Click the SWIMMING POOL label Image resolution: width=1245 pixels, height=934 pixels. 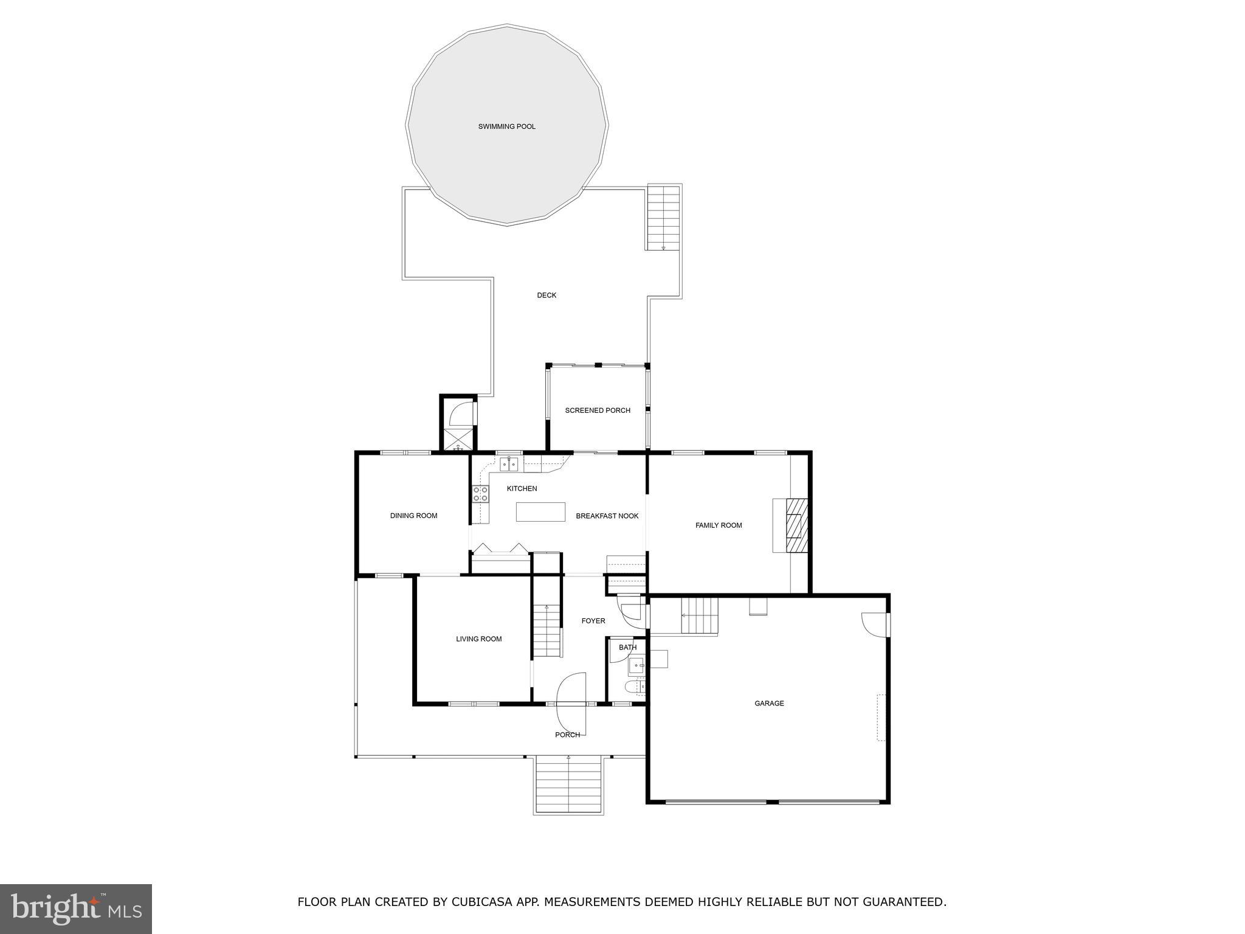506,127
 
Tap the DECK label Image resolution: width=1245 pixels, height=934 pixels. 547,296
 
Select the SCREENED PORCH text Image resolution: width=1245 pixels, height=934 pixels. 598,410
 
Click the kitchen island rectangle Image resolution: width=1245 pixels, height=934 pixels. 540,512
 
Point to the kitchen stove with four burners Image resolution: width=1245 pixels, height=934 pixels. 480,494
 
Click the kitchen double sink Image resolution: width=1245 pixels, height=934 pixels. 509,465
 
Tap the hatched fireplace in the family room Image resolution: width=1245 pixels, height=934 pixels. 796,525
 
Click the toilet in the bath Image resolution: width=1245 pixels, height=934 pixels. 634,687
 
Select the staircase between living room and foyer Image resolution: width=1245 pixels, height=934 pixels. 547,631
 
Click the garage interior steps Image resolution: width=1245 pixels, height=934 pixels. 699,616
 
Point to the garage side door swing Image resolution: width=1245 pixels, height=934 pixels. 874,624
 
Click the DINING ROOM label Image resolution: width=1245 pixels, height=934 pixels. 413,516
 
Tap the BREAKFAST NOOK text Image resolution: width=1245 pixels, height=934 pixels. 607,516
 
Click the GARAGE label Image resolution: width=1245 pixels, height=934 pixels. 769,704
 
